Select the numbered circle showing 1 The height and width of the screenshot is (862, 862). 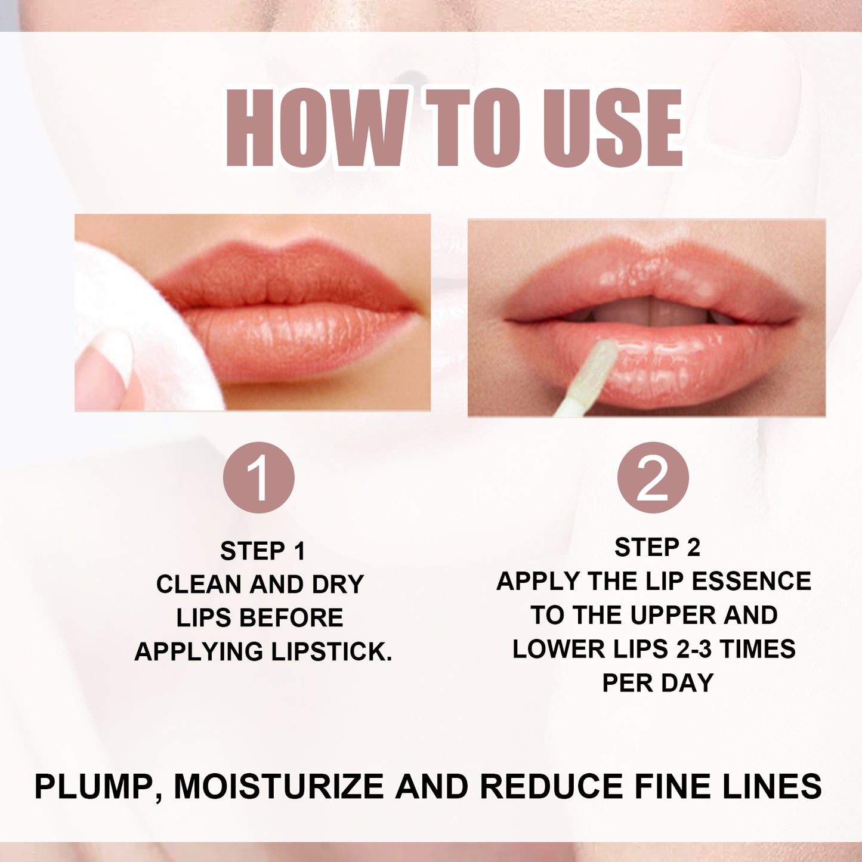(259, 477)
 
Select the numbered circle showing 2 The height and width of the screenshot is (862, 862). (653, 477)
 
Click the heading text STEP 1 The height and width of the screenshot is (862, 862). (262, 551)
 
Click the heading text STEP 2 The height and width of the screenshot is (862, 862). (657, 548)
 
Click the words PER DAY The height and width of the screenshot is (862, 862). (657, 683)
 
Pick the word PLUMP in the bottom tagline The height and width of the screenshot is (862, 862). (95, 786)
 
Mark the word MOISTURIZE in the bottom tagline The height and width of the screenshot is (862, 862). (279, 786)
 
